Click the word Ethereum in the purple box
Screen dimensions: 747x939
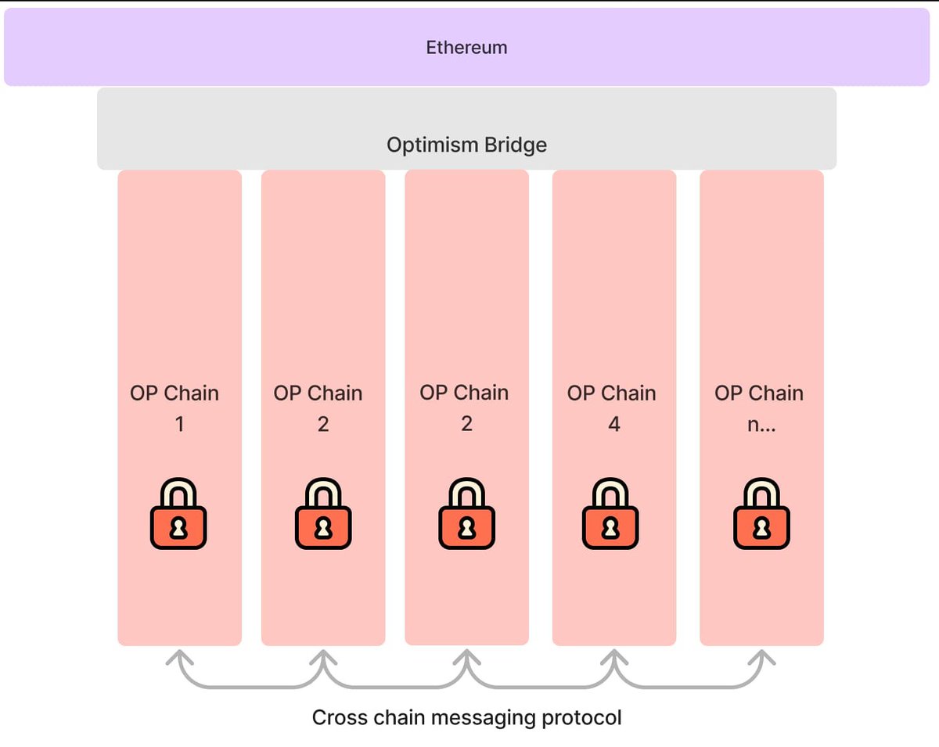tap(466, 48)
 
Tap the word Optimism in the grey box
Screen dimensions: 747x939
tap(427, 145)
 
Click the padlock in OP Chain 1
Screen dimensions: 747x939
tap(178, 515)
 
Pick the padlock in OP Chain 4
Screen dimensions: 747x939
tap(610, 515)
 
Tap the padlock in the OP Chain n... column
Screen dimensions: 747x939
tap(761, 515)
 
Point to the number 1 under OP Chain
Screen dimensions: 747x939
tap(180, 425)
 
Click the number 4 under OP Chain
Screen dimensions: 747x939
tap(613, 425)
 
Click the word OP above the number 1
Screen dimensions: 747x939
tap(143, 393)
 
